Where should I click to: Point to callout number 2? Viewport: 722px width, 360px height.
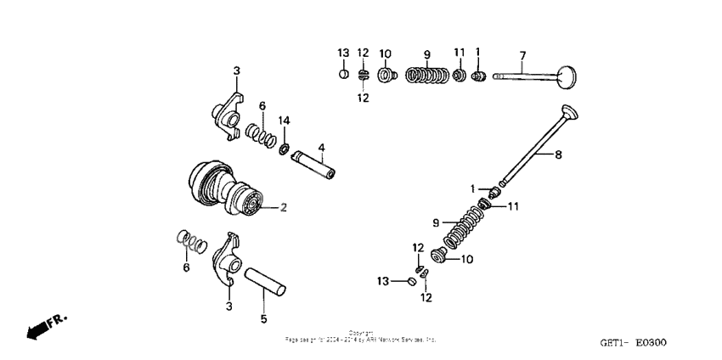(x=284, y=206)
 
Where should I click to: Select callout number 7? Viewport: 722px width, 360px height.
(x=523, y=55)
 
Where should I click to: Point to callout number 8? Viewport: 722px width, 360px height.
(x=557, y=154)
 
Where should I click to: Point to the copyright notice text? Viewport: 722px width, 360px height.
(x=360, y=336)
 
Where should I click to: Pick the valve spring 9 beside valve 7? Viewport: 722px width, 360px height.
(x=426, y=77)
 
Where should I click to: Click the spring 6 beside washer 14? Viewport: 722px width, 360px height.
(x=259, y=132)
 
